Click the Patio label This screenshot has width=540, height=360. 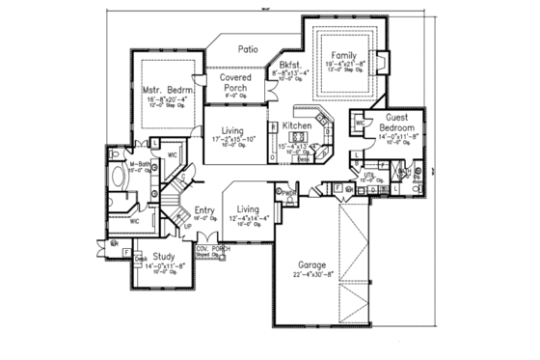pyautogui.click(x=251, y=46)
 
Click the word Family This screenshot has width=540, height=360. pyautogui.click(x=345, y=55)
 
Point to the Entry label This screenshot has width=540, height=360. pyautogui.click(x=204, y=210)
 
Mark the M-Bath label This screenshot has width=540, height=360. pyautogui.click(x=139, y=166)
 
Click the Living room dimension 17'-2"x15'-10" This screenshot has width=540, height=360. pyautogui.click(x=232, y=140)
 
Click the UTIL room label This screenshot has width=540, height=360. pyautogui.click(x=368, y=176)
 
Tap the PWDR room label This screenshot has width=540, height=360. pyautogui.click(x=288, y=190)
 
